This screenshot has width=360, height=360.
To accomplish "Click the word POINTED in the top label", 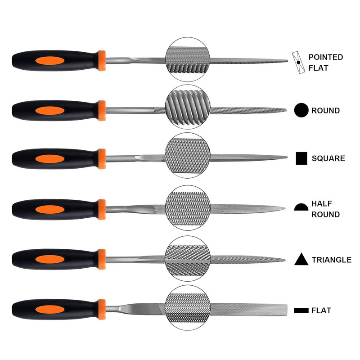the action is (x=325, y=57).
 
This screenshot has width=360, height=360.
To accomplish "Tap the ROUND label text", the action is (x=325, y=111).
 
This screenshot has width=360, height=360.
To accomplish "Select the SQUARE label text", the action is (x=328, y=158).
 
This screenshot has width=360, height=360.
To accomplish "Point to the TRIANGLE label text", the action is (x=331, y=260).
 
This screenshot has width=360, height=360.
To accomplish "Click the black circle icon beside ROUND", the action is (x=301, y=110).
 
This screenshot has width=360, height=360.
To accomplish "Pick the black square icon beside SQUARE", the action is (x=301, y=158).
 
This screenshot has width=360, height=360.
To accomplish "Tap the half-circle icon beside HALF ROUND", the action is (x=301, y=207).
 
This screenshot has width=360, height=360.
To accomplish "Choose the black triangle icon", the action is (x=301, y=259).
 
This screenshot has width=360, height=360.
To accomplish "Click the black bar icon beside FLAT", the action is (x=301, y=310).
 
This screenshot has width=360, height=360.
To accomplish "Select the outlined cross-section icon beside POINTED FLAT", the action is (x=298, y=63).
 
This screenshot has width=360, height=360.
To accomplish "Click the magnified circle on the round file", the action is (x=188, y=107).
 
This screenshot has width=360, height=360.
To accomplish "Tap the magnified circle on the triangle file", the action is (x=188, y=259).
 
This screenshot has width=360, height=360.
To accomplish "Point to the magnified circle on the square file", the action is (x=188, y=155).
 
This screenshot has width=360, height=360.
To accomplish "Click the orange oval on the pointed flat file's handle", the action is (x=50, y=61).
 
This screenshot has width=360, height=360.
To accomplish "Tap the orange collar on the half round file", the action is (x=102, y=210).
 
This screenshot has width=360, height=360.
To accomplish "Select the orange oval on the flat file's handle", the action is (x=50, y=310).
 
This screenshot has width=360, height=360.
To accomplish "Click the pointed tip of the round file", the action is (x=286, y=110).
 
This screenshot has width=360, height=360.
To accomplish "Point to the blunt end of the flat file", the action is (x=287, y=310).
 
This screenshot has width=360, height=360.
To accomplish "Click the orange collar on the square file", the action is (x=102, y=159).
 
